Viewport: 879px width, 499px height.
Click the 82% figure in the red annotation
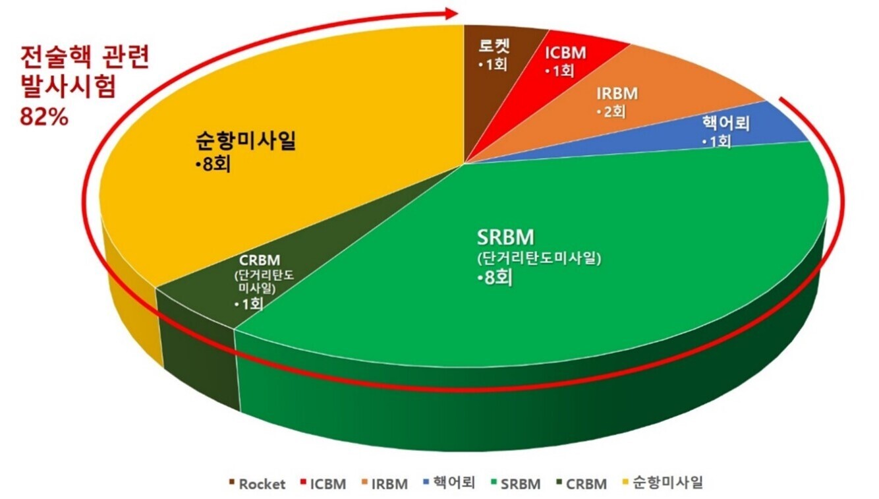click(45, 120)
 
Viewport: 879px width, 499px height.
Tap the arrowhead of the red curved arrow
click(451, 13)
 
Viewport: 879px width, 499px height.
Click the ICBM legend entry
click(324, 484)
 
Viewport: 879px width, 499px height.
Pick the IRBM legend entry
click(385, 484)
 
